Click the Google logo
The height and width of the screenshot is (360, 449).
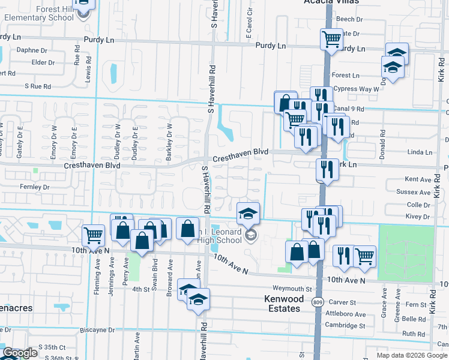(x=20, y=353)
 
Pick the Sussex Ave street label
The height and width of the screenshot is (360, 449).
(x=414, y=193)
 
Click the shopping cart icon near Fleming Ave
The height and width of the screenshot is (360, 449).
(x=93, y=235)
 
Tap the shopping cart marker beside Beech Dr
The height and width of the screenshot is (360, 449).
(x=331, y=40)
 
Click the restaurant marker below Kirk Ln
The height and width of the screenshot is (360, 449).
(x=328, y=169)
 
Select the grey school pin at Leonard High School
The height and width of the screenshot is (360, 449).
(x=251, y=235)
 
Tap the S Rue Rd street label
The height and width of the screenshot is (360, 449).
(x=38, y=86)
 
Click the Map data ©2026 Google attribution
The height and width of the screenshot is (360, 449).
(x=412, y=355)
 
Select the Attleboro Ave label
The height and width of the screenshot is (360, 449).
(x=345, y=314)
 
